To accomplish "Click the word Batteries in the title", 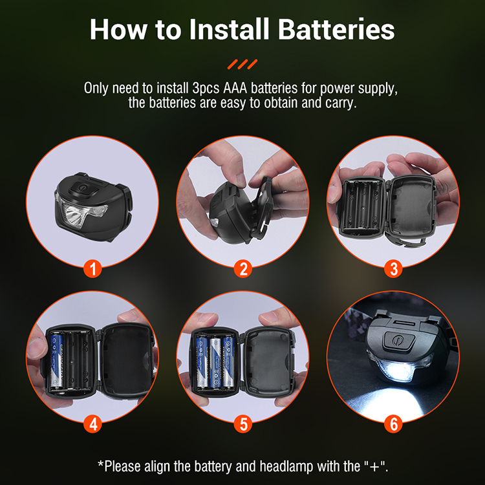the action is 336,29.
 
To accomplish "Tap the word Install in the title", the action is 229,29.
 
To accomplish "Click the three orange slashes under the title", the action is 242,64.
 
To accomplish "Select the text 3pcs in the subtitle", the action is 206,89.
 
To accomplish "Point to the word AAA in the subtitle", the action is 235,88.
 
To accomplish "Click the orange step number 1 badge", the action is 92,268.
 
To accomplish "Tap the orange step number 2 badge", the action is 242,268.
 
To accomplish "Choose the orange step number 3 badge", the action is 393,268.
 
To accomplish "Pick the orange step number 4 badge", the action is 92,424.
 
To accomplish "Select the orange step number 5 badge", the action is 242,424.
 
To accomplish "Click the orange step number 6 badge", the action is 393,424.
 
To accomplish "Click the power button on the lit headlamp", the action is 399,341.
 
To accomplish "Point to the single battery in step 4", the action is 57,361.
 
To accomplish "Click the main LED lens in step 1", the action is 73,215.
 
